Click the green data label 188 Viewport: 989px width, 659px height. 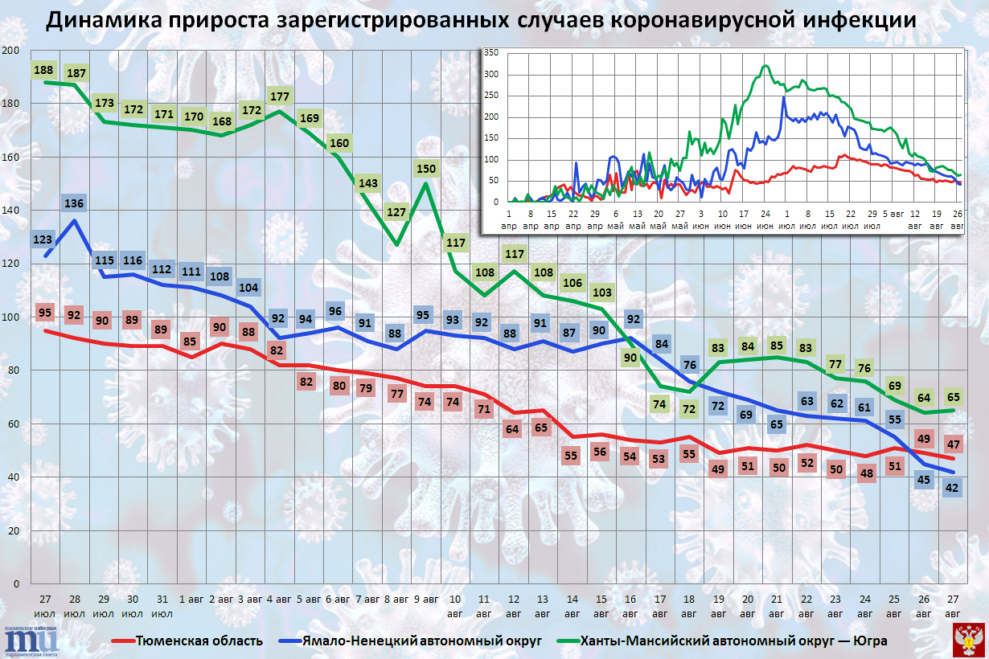(x=44, y=70)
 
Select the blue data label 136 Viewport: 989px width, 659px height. (x=74, y=203)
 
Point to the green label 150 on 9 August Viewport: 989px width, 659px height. (x=426, y=169)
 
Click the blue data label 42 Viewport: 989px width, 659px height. (x=952, y=486)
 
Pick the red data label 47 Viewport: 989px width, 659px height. (x=952, y=444)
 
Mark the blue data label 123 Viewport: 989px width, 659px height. (x=44, y=239)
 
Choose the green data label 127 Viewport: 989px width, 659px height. (x=396, y=213)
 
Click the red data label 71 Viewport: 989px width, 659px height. (x=484, y=409)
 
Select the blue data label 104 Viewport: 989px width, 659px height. (x=250, y=288)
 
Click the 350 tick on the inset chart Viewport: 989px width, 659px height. (x=491, y=53)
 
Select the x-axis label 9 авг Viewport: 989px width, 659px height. (x=425, y=600)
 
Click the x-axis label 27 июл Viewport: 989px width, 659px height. (x=45, y=606)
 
